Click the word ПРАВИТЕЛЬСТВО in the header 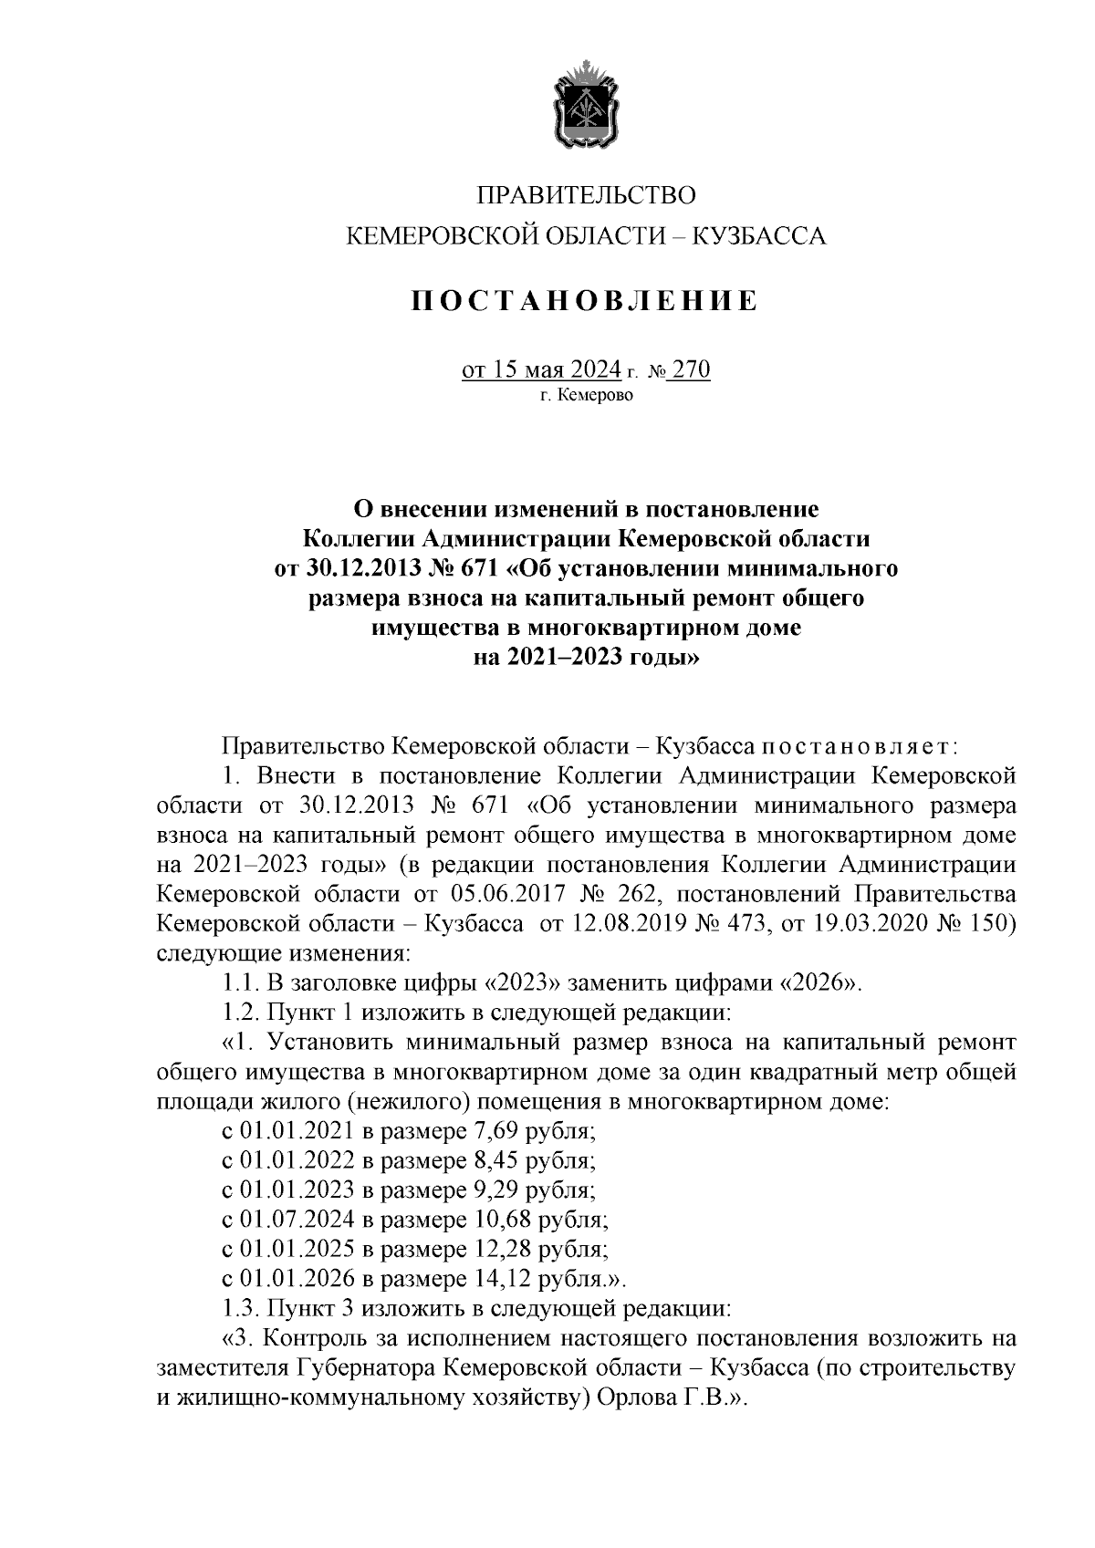pos(586,194)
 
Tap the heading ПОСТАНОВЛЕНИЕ pos(585,300)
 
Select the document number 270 pos(691,369)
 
